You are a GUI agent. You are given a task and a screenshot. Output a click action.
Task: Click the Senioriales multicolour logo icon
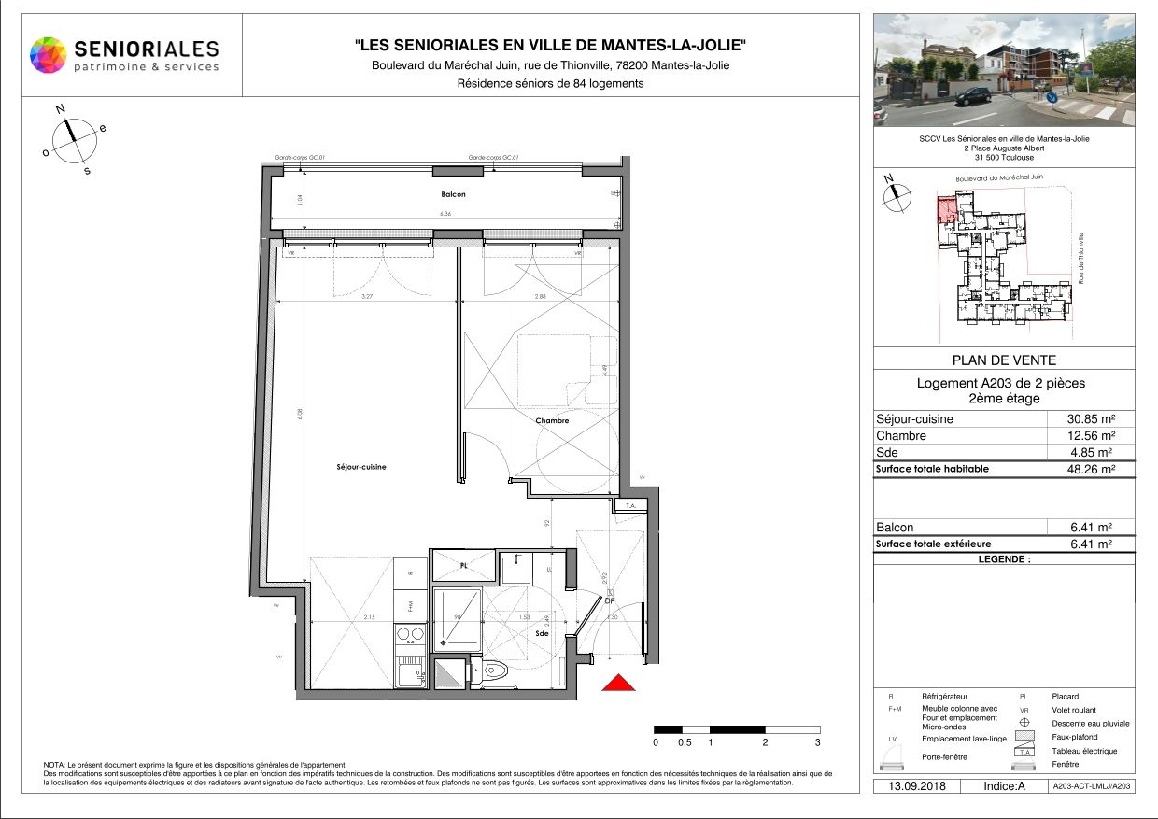coord(49,54)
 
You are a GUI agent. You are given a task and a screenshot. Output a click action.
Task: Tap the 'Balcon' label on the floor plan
coord(453,194)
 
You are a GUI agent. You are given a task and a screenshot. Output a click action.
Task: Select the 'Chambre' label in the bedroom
coord(552,420)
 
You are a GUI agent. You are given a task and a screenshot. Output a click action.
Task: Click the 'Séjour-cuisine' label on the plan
coord(361,467)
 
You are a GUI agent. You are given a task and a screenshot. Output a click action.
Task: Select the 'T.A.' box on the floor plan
coord(629,506)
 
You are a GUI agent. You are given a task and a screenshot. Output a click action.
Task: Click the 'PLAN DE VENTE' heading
coord(1004,360)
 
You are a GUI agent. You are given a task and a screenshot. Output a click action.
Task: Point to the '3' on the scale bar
coord(818,742)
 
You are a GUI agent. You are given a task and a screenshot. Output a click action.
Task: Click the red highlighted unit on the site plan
coord(946,210)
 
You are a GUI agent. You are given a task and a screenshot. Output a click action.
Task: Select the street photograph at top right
coord(1004,70)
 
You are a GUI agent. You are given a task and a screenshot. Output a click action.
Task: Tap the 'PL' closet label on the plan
coord(463,566)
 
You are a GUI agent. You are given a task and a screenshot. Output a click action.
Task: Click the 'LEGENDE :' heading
coord(1004,559)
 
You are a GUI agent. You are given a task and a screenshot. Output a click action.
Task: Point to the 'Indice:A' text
coord(1004,786)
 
